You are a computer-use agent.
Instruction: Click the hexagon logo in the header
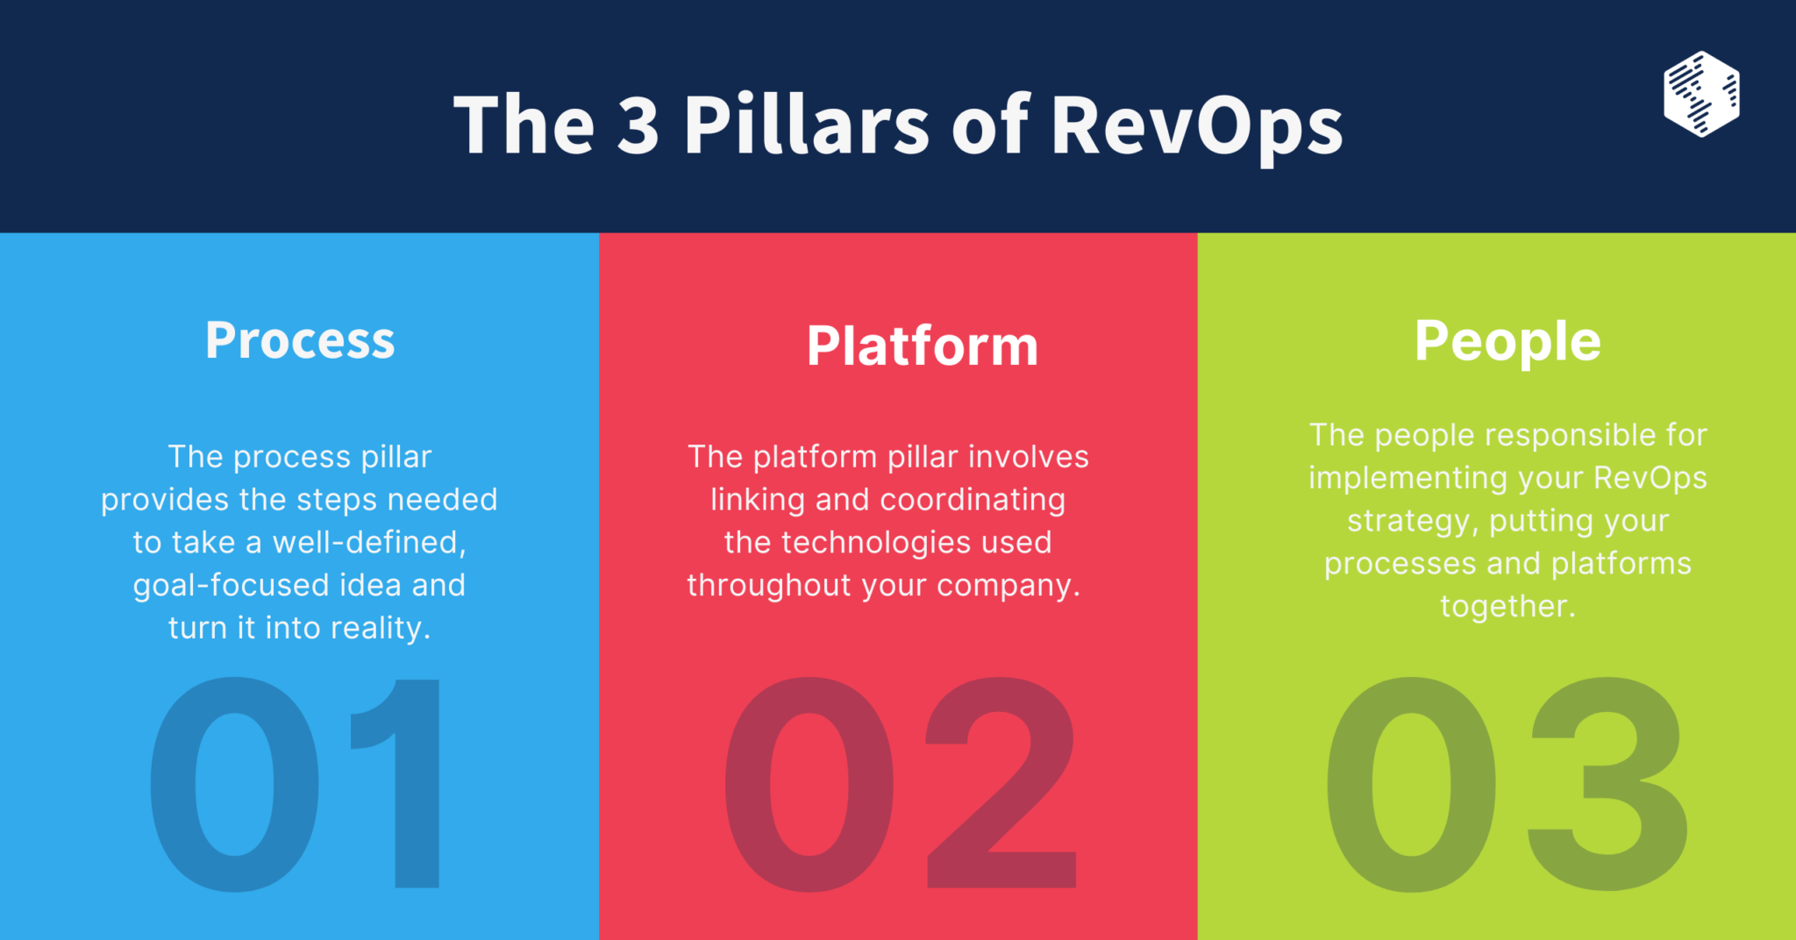click(1701, 94)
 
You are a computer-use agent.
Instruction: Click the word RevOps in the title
click(1196, 125)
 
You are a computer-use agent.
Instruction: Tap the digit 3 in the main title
click(638, 125)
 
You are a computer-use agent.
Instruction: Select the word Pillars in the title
click(806, 125)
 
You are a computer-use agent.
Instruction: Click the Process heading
click(300, 341)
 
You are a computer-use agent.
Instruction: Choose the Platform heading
click(923, 346)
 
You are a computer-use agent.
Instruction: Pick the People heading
click(1507, 341)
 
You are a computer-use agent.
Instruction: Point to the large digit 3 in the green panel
click(1607, 783)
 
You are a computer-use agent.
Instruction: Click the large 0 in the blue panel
click(234, 783)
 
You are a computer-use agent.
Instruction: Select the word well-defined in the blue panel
click(369, 543)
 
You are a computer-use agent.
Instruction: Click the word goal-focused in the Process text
click(232, 586)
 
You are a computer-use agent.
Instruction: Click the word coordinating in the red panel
click(973, 500)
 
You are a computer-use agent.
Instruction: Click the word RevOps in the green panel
click(1650, 478)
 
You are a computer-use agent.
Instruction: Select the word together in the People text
click(1507, 607)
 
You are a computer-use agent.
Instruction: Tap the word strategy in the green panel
click(1413, 521)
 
